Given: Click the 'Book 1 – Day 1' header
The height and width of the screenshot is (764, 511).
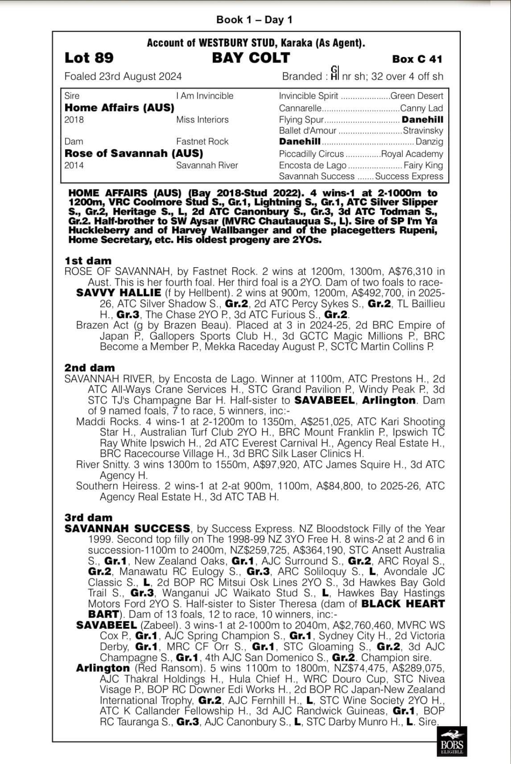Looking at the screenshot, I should click(254, 20).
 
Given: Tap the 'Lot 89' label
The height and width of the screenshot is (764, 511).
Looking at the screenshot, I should click(89, 58).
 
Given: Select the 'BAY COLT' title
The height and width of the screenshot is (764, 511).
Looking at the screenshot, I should click(251, 57).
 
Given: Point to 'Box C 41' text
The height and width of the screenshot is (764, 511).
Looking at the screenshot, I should click(417, 59).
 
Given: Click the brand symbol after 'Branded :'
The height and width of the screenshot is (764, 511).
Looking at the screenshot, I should click(335, 73).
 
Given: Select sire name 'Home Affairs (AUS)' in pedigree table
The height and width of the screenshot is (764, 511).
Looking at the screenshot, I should click(120, 107).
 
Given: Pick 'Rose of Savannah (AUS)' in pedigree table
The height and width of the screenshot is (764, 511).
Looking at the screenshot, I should click(134, 153).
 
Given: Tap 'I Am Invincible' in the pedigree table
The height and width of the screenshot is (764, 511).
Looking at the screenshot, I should click(205, 96).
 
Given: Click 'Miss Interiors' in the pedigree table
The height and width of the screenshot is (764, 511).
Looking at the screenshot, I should click(202, 119).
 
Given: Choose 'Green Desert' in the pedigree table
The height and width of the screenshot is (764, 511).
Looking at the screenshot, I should click(416, 96).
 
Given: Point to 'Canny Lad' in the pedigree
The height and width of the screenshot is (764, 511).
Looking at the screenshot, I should click(422, 108).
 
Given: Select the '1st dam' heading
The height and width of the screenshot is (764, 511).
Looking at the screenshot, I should click(88, 261).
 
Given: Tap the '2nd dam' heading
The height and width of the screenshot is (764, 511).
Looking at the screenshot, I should click(90, 368).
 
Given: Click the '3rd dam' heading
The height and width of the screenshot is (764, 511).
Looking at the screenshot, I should click(89, 518).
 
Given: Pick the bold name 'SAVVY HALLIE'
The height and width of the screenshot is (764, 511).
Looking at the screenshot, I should click(119, 293).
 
